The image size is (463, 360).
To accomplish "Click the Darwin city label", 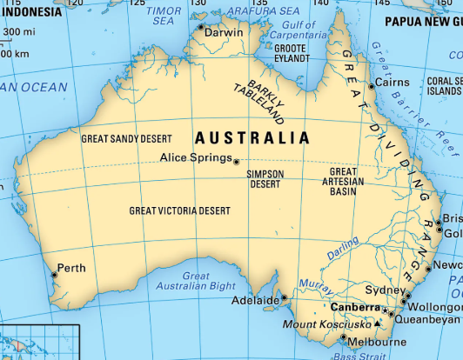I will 225,32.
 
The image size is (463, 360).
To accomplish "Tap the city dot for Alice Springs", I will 236,160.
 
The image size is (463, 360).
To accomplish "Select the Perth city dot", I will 54,274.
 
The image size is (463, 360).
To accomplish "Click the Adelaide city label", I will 253,301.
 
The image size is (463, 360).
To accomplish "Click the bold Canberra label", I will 356,308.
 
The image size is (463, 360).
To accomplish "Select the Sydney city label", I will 379,290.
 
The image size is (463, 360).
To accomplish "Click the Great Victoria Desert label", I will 180,210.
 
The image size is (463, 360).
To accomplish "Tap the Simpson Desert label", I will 265,179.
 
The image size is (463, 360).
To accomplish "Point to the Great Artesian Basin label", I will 342,181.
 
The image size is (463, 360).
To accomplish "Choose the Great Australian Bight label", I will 185,281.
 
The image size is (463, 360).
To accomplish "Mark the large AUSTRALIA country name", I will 252,138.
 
